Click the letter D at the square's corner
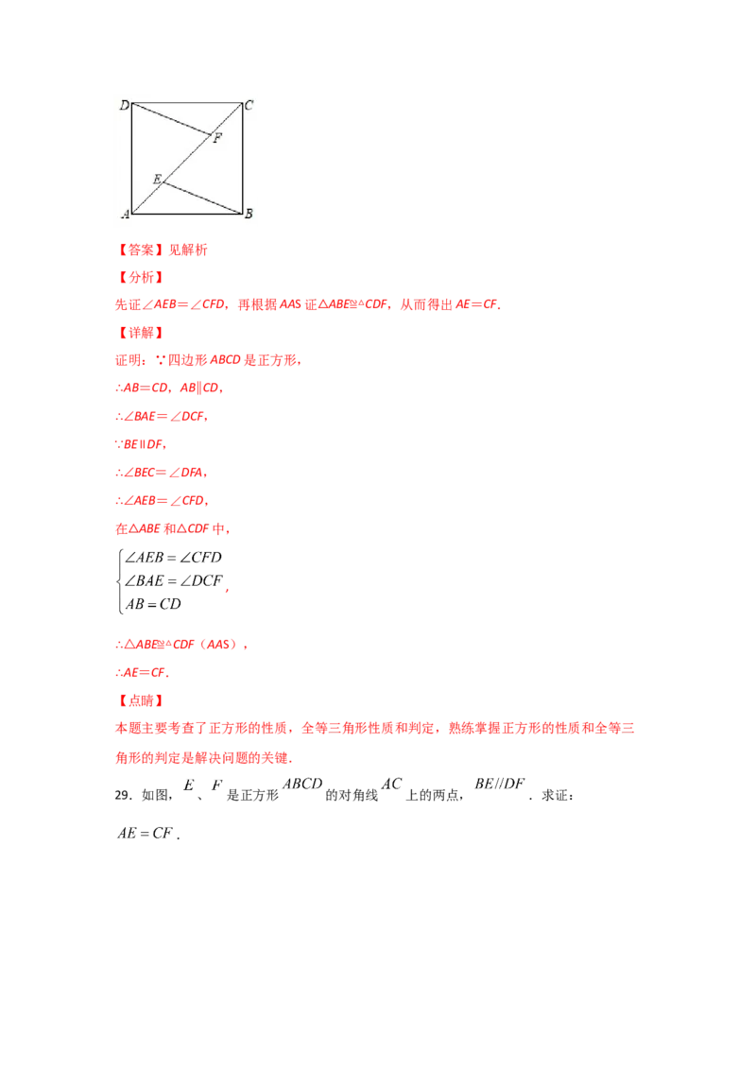coord(124,105)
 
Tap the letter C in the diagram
coord(249,105)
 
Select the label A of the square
coord(125,215)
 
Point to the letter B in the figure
coord(249,215)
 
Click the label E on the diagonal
coord(156,177)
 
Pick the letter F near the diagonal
coord(217,139)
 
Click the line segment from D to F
coord(170,118)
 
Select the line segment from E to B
coord(203,198)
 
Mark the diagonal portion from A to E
coord(146,198)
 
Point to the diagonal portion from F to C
coord(227,118)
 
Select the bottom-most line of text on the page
coord(142,833)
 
